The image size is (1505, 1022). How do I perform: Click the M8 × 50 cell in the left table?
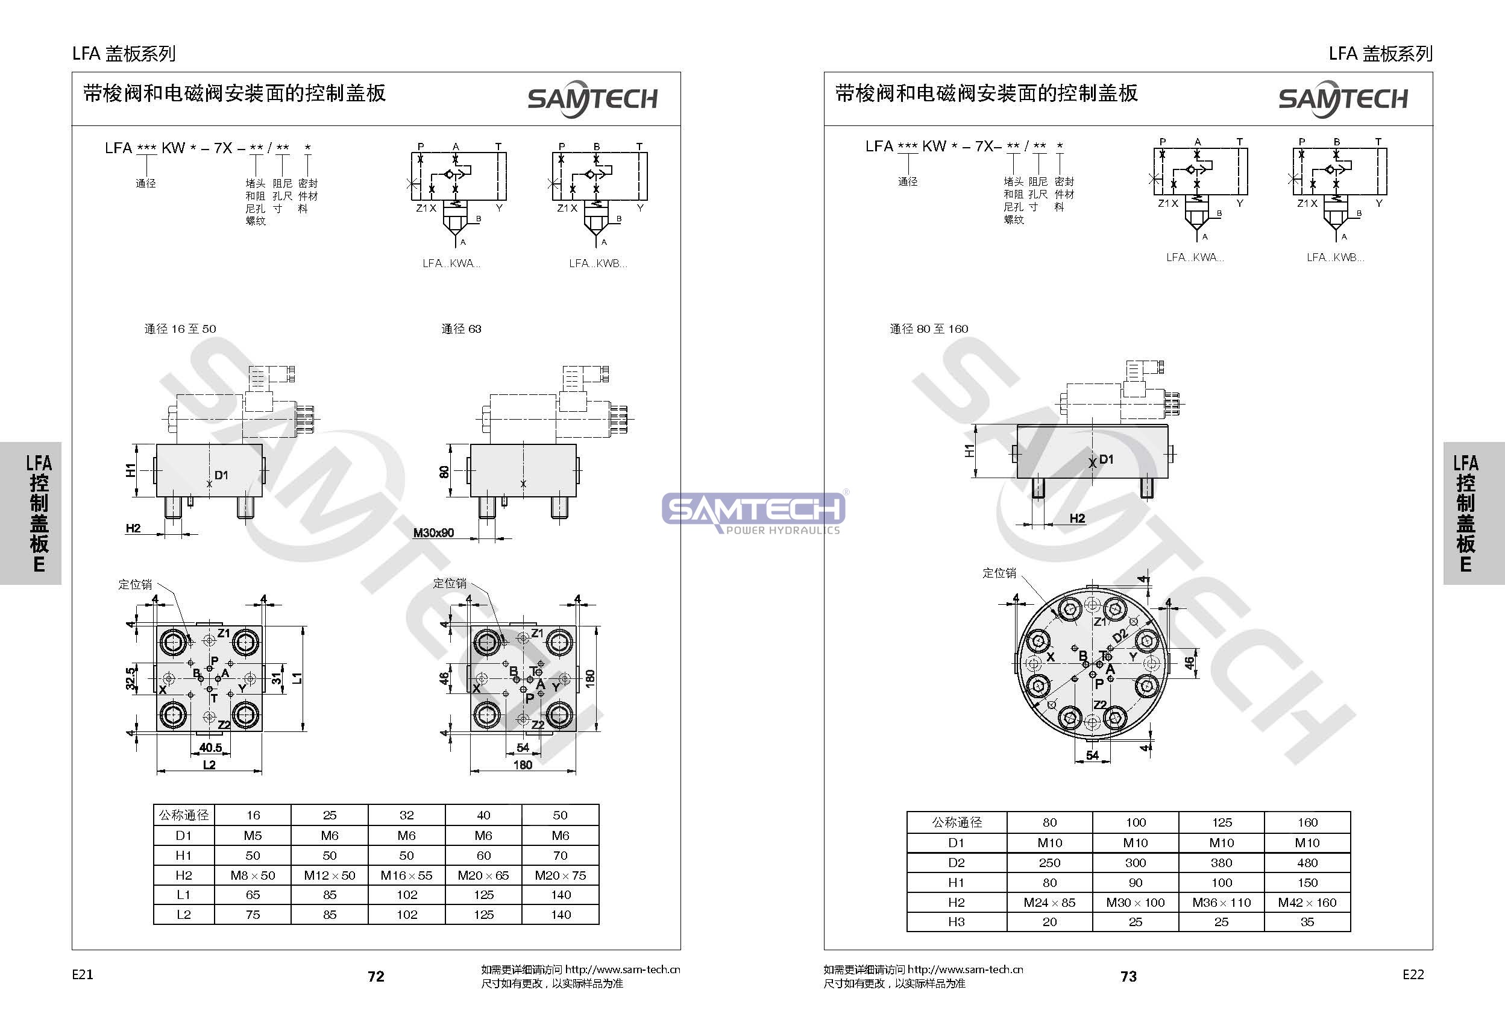(x=253, y=875)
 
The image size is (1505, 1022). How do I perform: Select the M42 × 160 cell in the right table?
(x=1307, y=902)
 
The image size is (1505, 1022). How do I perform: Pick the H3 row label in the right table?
(x=956, y=922)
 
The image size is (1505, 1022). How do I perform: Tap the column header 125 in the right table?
(x=1221, y=822)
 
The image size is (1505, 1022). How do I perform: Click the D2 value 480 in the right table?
(x=1307, y=863)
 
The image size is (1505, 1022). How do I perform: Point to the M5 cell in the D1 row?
(x=253, y=836)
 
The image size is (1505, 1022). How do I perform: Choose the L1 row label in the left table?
(x=183, y=894)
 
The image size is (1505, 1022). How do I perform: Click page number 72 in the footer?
(x=375, y=976)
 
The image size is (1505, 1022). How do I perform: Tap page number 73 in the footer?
(x=1128, y=976)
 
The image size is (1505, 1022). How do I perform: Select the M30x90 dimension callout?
(x=433, y=532)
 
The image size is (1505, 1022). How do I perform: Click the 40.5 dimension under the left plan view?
(x=210, y=748)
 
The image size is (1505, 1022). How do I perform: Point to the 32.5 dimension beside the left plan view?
(x=131, y=678)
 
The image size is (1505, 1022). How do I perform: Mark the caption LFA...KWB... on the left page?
(x=598, y=263)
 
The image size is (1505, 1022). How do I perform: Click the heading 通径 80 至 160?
(x=929, y=329)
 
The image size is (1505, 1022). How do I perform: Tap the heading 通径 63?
(x=461, y=329)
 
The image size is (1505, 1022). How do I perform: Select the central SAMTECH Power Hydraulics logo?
(x=755, y=512)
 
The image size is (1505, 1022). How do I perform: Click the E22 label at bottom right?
(x=1413, y=974)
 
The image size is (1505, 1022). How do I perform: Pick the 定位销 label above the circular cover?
(x=999, y=573)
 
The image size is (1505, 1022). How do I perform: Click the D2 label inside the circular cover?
(x=1119, y=636)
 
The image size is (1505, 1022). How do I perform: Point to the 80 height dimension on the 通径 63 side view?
(x=444, y=471)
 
